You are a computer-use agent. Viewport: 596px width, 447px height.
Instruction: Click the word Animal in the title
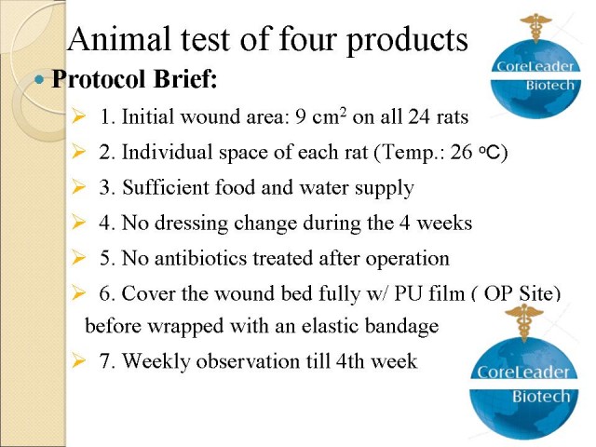pyautogui.click(x=118, y=39)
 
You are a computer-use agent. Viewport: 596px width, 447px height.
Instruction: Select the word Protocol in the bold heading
pyautogui.click(x=99, y=78)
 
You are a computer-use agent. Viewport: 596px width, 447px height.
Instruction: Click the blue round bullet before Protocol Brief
pyautogui.click(x=39, y=80)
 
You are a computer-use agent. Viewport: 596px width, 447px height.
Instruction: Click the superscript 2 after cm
pyautogui.click(x=344, y=113)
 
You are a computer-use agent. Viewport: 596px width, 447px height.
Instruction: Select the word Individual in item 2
pyautogui.click(x=168, y=152)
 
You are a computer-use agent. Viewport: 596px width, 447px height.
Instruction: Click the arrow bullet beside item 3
pyautogui.click(x=78, y=187)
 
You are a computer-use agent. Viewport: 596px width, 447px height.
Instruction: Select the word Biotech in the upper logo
pyautogui.click(x=549, y=85)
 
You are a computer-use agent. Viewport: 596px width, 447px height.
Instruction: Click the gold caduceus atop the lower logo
pyautogui.click(x=524, y=322)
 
